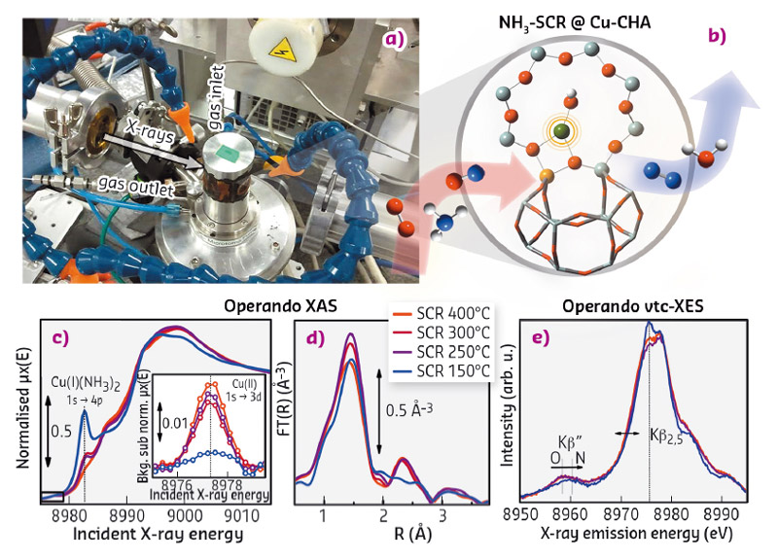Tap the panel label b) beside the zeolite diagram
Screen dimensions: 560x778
(718, 39)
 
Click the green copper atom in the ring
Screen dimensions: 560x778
(558, 129)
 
